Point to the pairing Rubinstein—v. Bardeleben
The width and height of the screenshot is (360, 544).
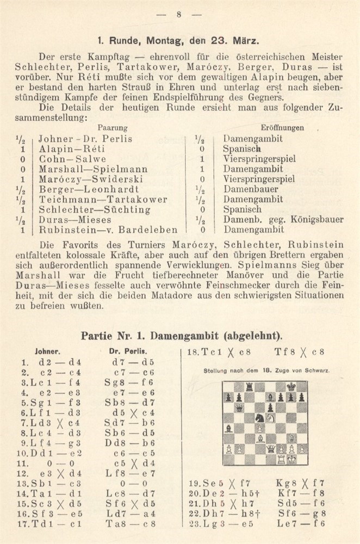101,230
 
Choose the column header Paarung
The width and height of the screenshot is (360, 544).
113,128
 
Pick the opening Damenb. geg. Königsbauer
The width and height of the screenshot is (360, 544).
283,220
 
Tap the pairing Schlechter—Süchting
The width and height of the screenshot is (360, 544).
86,209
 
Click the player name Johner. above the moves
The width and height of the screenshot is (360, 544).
47,351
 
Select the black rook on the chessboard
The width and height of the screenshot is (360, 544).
249,387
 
